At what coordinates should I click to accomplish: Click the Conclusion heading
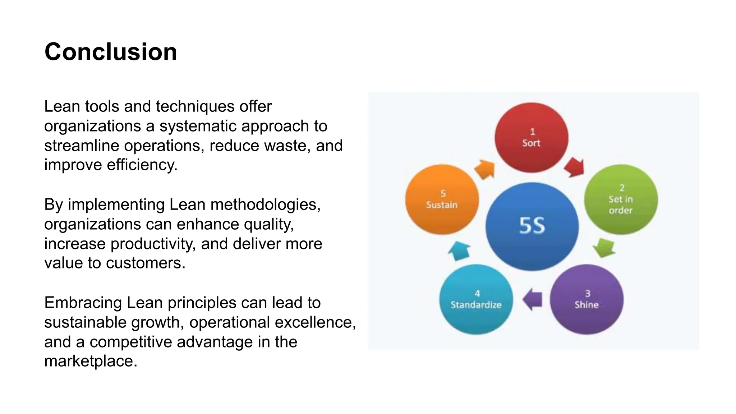[111, 52]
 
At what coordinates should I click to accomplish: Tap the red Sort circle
[531, 138]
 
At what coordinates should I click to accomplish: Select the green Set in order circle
[621, 199]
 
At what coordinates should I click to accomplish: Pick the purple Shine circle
[586, 299]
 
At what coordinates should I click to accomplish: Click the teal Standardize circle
[476, 299]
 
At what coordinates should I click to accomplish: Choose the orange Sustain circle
[442, 199]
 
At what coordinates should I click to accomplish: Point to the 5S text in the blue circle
[532, 226]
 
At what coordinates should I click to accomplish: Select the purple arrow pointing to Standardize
[532, 299]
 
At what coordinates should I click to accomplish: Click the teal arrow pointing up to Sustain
[460, 250]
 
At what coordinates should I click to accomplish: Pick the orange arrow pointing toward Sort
[485, 169]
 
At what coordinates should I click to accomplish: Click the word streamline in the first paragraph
[82, 146]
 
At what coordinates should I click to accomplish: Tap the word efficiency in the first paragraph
[142, 165]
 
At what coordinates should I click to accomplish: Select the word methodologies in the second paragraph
[265, 204]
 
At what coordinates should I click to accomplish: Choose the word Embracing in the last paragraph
[83, 303]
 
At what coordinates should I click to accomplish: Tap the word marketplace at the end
[90, 361]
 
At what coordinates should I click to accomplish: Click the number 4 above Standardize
[477, 294]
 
